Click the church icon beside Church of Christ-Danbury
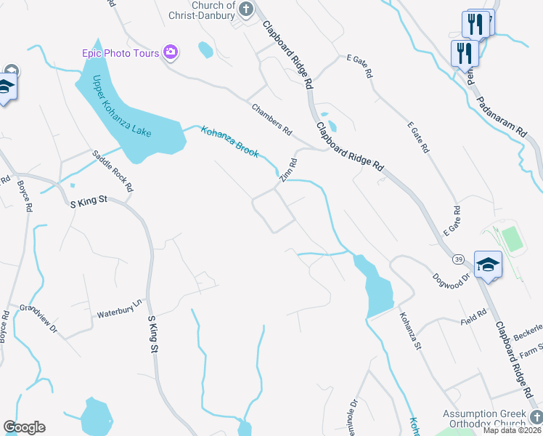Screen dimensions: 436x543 coord(246,9)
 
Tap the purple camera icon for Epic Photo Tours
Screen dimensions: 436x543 coord(171,52)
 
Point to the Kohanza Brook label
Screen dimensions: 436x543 coord(229,140)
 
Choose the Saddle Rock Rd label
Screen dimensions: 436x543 coord(113,171)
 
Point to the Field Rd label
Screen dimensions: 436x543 coord(473,320)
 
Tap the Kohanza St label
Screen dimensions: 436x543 coord(409,330)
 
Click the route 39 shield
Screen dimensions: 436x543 coord(459,259)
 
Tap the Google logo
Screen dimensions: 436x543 coord(24,427)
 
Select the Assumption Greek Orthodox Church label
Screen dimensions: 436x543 coord(484,419)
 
